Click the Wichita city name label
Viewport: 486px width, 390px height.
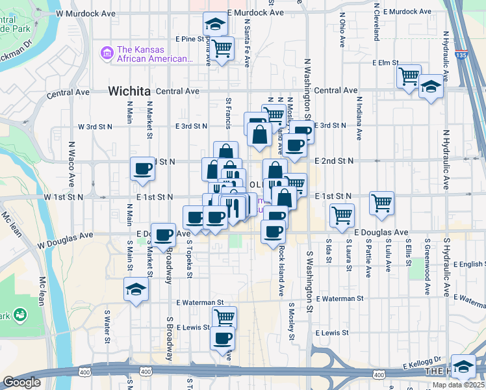(130, 90)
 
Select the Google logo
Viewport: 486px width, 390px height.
(21, 382)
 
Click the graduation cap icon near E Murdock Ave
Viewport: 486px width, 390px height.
(213, 25)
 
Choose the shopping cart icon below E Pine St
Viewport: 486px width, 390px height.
(222, 47)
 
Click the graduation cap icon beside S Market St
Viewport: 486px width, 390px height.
(136, 289)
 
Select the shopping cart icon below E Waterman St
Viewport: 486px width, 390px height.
(224, 317)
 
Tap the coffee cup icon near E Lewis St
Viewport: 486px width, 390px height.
(223, 337)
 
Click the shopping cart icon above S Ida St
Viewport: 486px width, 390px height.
(341, 214)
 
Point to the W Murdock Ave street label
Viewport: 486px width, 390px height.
(86, 12)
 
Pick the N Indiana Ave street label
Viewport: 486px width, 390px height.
(358, 119)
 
